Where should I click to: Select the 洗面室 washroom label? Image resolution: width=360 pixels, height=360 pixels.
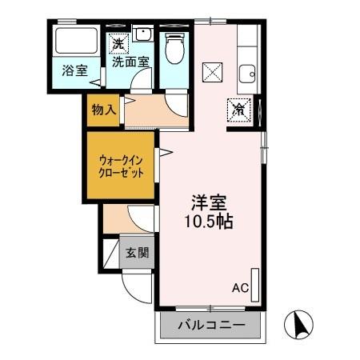130,60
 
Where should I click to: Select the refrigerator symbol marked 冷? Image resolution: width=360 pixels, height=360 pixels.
238,110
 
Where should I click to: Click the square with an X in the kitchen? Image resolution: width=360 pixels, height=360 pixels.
214,72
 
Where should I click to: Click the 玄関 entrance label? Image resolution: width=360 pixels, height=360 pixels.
137,254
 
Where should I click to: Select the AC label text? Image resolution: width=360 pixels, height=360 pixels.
240,287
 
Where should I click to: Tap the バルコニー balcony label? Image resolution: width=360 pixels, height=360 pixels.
212,326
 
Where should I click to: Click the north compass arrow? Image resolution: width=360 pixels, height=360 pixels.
302,324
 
